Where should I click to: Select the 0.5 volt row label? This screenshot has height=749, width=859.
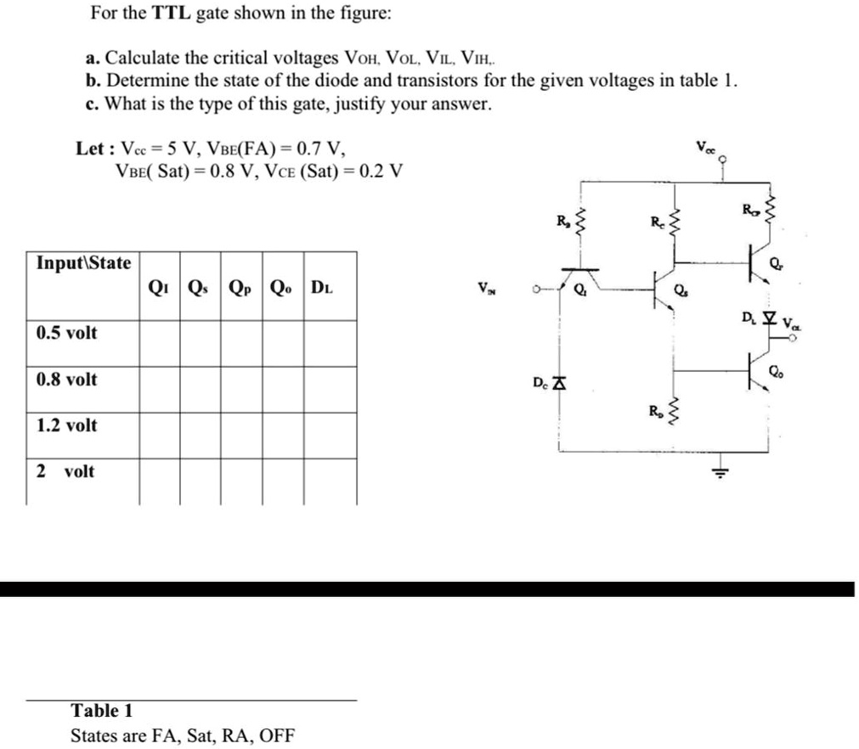pyautogui.click(x=66, y=333)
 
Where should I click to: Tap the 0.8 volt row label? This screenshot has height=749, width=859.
pyautogui.click(x=66, y=380)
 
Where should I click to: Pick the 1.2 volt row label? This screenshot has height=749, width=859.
pyautogui.click(x=66, y=425)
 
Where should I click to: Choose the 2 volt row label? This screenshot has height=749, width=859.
pyautogui.click(x=65, y=471)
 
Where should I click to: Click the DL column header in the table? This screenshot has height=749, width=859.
pyautogui.click(x=322, y=287)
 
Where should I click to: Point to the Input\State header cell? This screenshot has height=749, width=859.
pyautogui.click(x=83, y=263)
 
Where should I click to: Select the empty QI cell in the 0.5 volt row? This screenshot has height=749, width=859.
pyautogui.click(x=159, y=344)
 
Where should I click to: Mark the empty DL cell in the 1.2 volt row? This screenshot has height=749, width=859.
pyautogui.click(x=330, y=436)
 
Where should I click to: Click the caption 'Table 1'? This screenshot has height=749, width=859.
pyautogui.click(x=102, y=711)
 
